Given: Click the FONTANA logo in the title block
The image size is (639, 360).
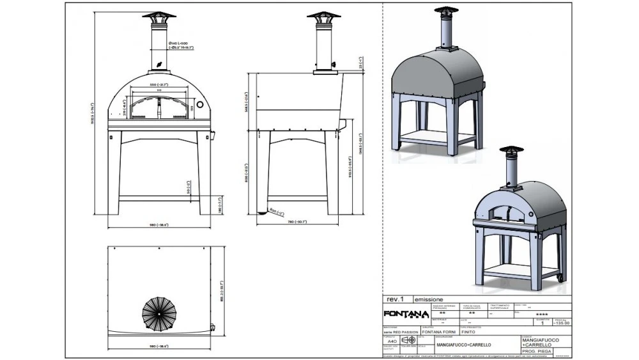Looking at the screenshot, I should pos(406,314).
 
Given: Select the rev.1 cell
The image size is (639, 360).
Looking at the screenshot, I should pos(396,299).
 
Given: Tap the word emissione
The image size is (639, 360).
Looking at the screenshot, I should pos(429,299).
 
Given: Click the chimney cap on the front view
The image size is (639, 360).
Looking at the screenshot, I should pos(158,15).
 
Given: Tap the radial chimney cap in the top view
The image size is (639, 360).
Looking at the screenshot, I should pos(159,311).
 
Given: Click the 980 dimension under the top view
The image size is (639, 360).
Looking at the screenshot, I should pos(158,346).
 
